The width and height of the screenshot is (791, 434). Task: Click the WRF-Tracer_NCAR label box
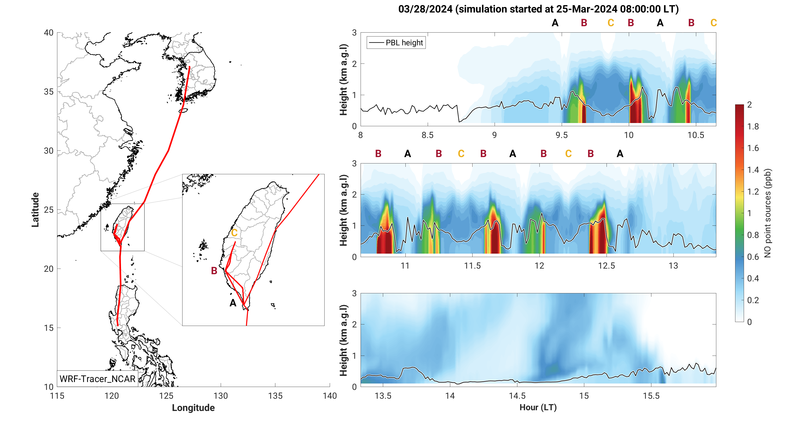pyautogui.click(x=97, y=379)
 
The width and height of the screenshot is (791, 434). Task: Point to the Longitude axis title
pyautogui.click(x=193, y=408)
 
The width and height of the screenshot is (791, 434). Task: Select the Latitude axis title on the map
pyautogui.click(x=35, y=210)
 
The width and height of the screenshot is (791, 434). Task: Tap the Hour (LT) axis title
pyautogui.click(x=538, y=407)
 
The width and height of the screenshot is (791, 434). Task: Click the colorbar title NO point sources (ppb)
pyautogui.click(x=768, y=213)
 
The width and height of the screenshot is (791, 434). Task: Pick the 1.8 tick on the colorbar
pyautogui.click(x=753, y=126)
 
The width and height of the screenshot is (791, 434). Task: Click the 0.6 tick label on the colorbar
pyautogui.click(x=753, y=257)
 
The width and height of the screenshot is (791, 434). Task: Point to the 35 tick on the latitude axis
pyautogui.click(x=49, y=92)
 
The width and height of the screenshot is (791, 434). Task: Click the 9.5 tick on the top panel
pyautogui.click(x=562, y=135)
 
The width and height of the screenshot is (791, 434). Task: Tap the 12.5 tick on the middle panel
pyautogui.click(x=607, y=266)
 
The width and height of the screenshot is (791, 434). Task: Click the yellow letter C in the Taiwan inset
pyautogui.click(x=234, y=233)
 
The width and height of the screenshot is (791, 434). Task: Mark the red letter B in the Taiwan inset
pyautogui.click(x=214, y=271)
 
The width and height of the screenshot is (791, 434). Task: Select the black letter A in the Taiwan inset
pyautogui.click(x=233, y=303)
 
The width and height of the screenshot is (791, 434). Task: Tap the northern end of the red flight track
pyautogui.click(x=189, y=67)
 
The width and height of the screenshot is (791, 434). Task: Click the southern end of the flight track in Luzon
pyautogui.click(x=118, y=325)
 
